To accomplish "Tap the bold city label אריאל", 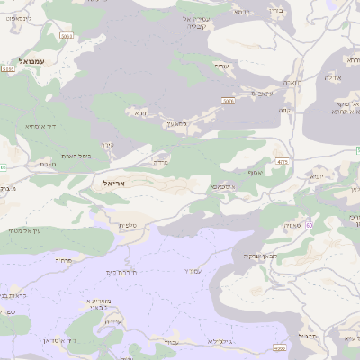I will click(x=106, y=183).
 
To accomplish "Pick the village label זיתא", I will click(x=140, y=113).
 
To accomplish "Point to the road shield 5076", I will click(x=229, y=101).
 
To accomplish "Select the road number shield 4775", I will click(x=283, y=162).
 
